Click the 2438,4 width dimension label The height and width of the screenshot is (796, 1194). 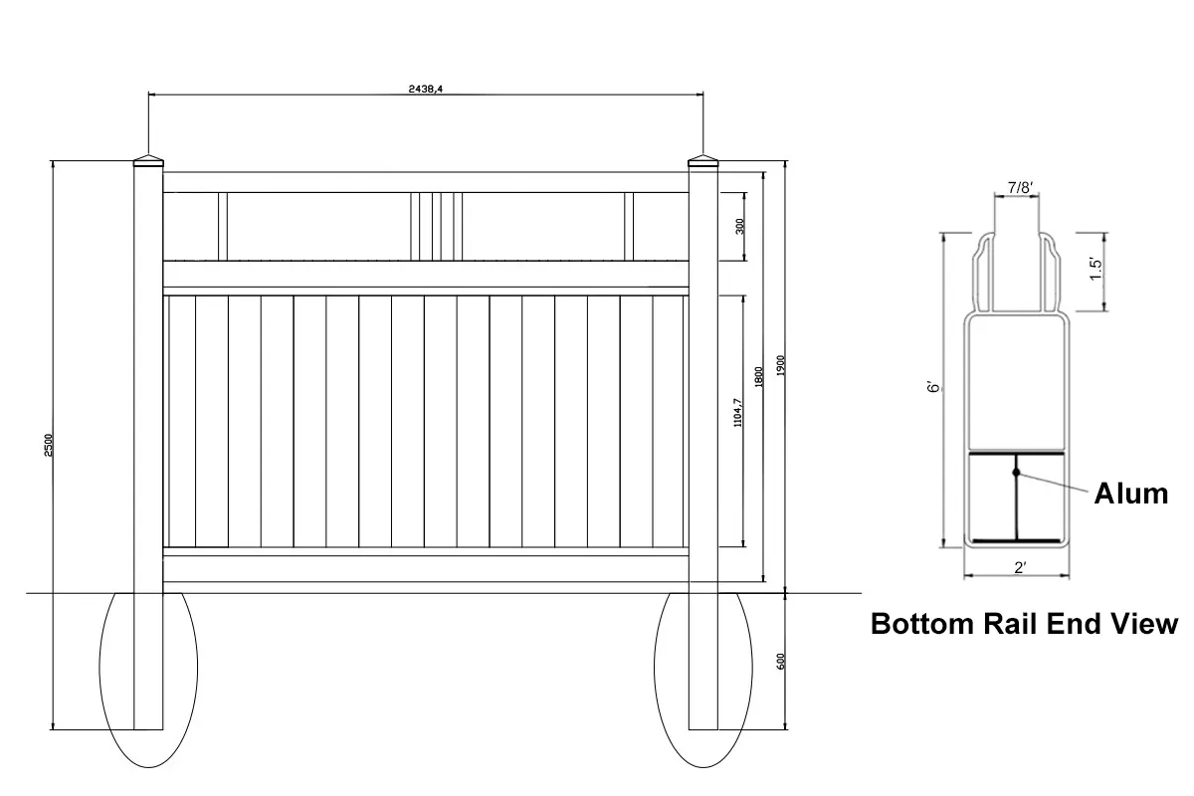426,89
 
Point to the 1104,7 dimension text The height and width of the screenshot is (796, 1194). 737,413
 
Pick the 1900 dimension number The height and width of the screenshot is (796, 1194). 781,366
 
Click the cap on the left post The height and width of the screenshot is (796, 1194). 148,162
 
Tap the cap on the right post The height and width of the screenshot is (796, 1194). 702,162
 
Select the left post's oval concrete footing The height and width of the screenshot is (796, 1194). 148,677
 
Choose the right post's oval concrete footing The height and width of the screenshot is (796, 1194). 702,677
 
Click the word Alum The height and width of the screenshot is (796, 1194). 1131,493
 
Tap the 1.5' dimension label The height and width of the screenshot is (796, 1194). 1096,270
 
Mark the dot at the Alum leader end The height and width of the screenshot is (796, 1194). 1016,472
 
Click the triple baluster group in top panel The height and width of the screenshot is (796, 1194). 437,226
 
